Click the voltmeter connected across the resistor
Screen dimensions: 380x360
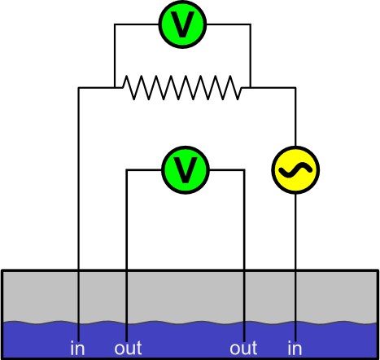point(182,24)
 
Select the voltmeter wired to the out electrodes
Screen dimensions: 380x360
point(186,170)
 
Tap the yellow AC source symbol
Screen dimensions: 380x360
point(295,170)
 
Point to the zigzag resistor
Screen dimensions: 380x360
point(182,88)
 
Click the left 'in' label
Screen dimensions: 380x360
point(77,348)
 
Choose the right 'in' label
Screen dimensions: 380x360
point(295,348)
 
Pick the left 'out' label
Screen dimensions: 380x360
point(128,349)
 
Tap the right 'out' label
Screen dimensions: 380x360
point(243,349)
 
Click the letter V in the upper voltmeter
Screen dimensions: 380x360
point(182,24)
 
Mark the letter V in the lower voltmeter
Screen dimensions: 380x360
point(186,170)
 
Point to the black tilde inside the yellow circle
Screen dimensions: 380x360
point(295,170)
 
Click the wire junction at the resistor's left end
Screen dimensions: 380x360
point(115,88)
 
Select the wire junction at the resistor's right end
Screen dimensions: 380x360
point(251,88)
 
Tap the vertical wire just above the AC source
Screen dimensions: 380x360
point(295,116)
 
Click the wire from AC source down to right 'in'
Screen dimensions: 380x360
point(295,267)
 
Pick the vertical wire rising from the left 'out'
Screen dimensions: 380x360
point(126,256)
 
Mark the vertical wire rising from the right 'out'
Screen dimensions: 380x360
point(244,256)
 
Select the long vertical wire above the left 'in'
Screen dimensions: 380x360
point(79,214)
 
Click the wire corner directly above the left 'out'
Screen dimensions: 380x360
point(126,170)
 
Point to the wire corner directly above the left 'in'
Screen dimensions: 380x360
point(79,88)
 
